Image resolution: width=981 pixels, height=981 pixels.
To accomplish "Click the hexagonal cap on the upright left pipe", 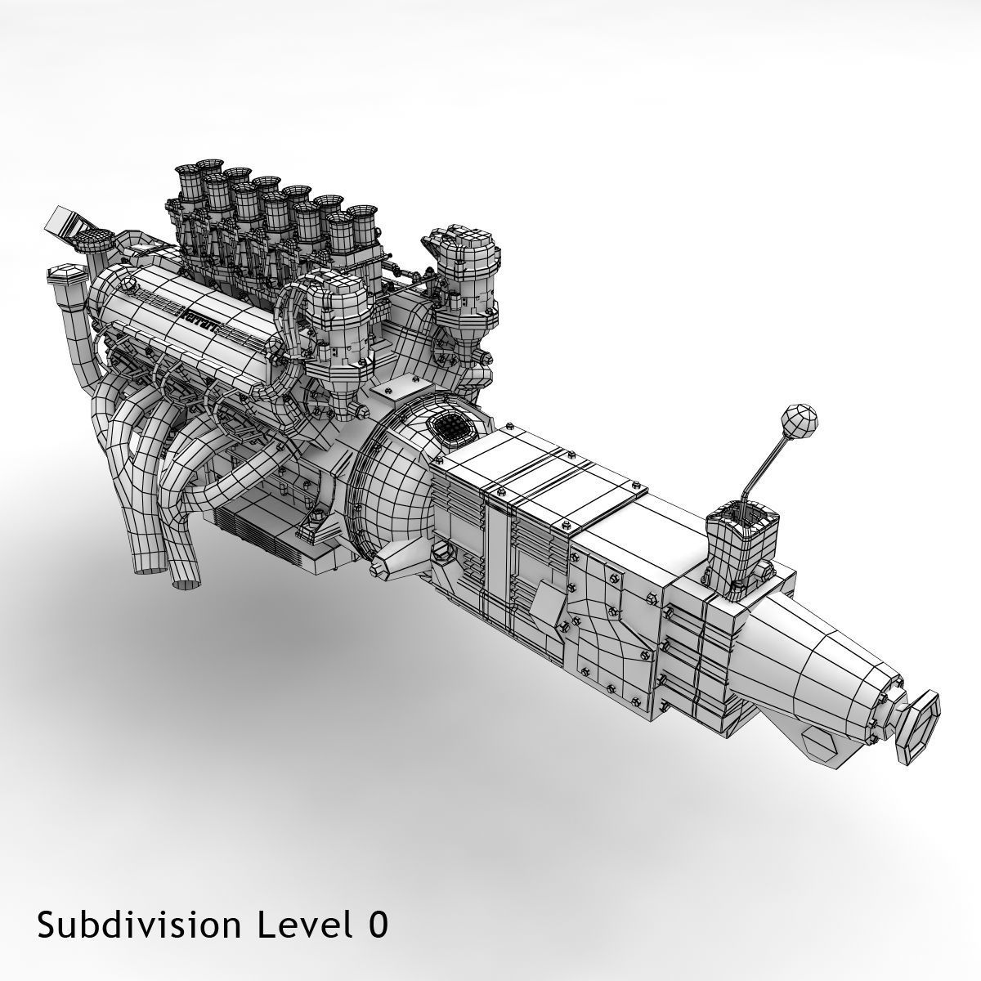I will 65,273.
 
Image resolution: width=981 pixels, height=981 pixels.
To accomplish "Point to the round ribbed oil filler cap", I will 96,240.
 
